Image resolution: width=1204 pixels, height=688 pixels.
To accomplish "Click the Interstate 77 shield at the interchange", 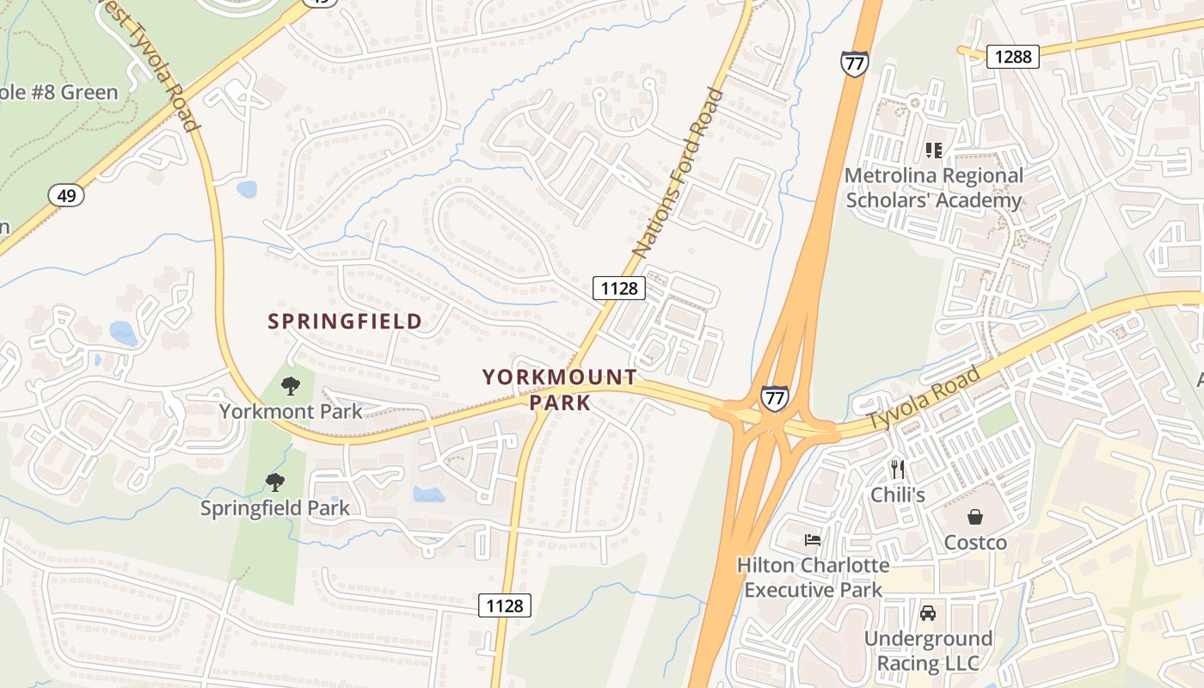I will [773, 397].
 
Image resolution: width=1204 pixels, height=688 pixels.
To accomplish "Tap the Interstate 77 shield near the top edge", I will [854, 64].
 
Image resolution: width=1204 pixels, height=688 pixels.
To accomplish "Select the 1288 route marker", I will [1012, 57].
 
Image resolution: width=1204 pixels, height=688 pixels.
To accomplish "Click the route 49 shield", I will [66, 196].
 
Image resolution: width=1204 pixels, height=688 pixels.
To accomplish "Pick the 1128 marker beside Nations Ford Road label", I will [619, 288].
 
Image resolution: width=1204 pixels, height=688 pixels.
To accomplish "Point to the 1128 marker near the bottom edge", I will [505, 605].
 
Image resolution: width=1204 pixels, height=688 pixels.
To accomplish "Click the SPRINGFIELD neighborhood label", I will [345, 322].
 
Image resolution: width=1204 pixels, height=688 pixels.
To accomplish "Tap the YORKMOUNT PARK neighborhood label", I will [560, 390].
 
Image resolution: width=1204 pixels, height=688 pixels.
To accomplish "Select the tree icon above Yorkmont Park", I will [291, 386].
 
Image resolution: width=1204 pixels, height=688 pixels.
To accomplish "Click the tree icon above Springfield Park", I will [274, 482].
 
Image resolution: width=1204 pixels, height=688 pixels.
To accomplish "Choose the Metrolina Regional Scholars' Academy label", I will [934, 187].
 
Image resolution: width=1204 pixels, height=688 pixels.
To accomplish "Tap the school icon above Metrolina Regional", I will [934, 150].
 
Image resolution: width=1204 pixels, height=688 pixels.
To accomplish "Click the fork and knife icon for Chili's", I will [898, 469].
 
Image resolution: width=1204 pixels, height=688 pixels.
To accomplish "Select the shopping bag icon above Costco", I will [975, 517].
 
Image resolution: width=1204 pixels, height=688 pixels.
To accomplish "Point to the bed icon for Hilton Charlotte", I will [813, 540].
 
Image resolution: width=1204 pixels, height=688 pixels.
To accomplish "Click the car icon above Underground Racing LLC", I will [928, 613].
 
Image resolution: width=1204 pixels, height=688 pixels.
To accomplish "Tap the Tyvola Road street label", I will [924, 398].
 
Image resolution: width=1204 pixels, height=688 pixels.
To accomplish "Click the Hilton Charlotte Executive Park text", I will [813, 577].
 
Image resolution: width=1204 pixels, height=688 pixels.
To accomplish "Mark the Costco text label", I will [975, 543].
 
